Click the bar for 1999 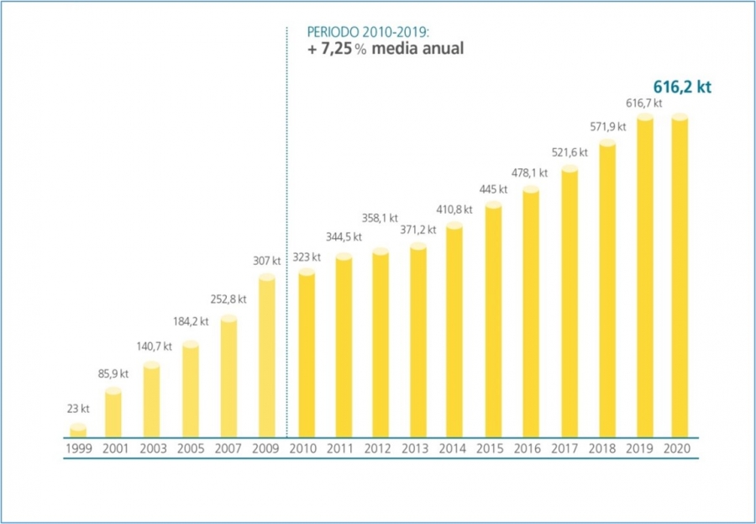tap(78, 431)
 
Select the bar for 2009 tap(267, 357)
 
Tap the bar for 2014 tap(455, 331)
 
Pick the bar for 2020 tap(680, 277)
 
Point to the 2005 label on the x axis tap(192, 449)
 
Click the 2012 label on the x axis tap(380, 449)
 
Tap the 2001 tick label tap(115, 449)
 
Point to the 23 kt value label tap(78, 409)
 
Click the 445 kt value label tap(492, 188)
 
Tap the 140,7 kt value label tap(154, 346)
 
